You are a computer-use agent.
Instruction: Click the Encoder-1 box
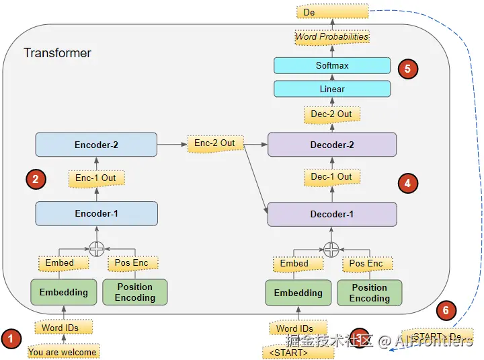click(96, 213)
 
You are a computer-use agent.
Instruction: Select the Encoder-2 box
click(96, 144)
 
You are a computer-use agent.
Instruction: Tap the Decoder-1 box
click(332, 214)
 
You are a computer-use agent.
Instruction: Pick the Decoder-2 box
click(332, 144)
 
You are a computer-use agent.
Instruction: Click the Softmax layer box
click(332, 65)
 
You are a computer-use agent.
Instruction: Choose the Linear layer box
click(332, 89)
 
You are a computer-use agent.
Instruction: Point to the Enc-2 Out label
click(214, 143)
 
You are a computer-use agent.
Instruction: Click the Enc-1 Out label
click(95, 178)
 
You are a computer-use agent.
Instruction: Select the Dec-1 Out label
click(331, 177)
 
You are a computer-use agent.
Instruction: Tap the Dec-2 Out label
click(331, 114)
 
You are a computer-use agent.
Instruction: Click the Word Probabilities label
click(332, 37)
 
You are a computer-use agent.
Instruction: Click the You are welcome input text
click(63, 352)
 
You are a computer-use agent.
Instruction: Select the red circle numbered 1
click(11, 338)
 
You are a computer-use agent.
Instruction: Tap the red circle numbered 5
click(407, 68)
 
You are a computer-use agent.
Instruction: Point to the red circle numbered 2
click(36, 179)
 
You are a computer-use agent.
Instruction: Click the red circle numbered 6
click(445, 310)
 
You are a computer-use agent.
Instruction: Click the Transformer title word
click(57, 52)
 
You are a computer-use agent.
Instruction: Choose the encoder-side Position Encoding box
click(134, 292)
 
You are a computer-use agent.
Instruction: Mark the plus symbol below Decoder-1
click(331, 250)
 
